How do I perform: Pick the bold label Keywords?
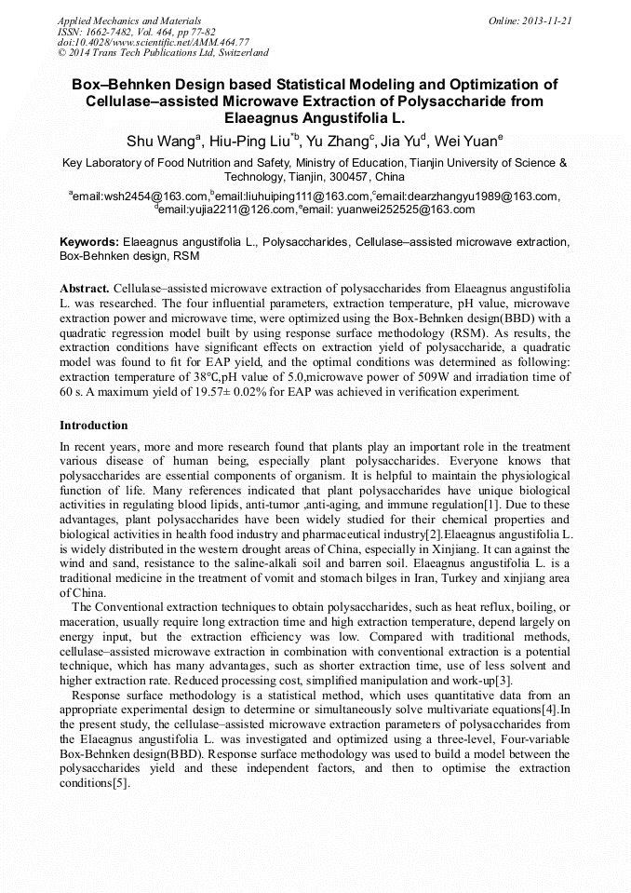pyautogui.click(x=89, y=242)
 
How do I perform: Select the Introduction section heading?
pyautogui.click(x=94, y=426)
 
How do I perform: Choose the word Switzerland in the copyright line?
pyautogui.click(x=236, y=53)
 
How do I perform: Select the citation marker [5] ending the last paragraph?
pyautogui.click(x=120, y=784)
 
